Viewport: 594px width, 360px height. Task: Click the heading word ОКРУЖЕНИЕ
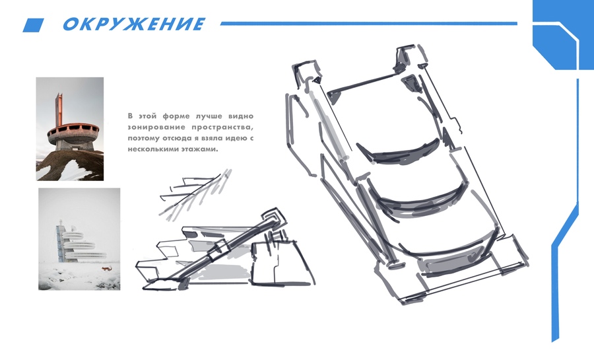(134, 24)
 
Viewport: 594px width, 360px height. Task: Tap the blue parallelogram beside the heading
(34, 25)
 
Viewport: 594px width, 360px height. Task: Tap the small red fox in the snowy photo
(106, 269)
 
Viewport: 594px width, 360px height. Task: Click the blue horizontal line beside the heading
(368, 24)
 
